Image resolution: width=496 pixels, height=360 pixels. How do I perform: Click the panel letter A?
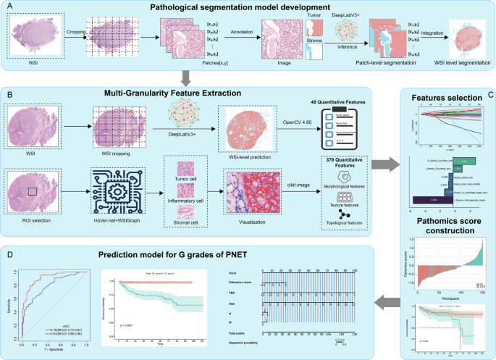click(9, 8)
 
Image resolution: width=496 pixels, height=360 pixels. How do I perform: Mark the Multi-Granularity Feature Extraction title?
click(192, 93)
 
